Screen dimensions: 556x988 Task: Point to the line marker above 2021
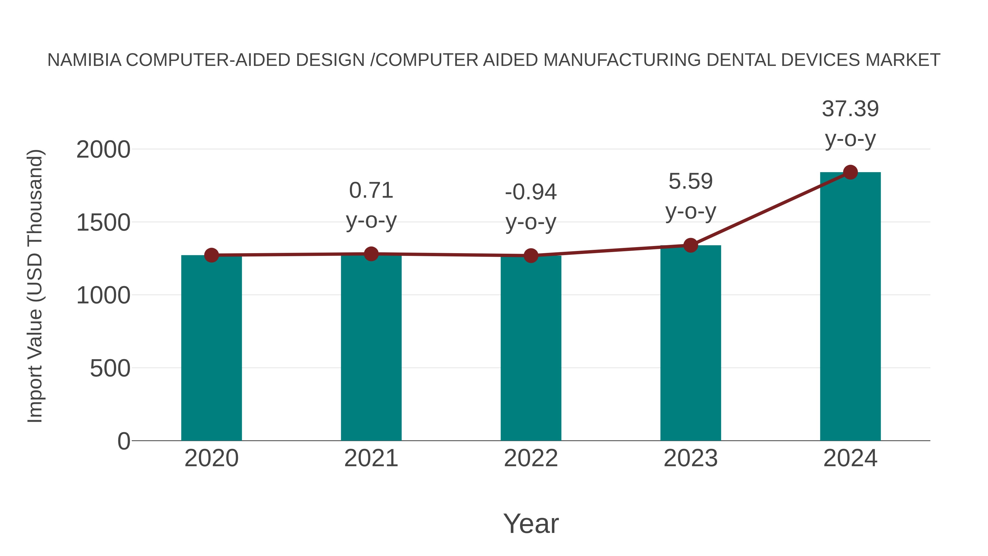pyautogui.click(x=371, y=254)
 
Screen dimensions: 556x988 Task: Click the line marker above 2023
pyautogui.click(x=691, y=245)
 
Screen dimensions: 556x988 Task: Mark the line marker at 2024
pyautogui.click(x=850, y=172)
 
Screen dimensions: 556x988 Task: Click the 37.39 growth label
pyautogui.click(x=850, y=109)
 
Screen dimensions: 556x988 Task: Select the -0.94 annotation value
pyautogui.click(x=531, y=192)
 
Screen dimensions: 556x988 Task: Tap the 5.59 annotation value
pyautogui.click(x=691, y=181)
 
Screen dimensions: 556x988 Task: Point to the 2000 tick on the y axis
pyautogui.click(x=103, y=150)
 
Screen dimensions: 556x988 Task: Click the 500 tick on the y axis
pyautogui.click(x=110, y=369)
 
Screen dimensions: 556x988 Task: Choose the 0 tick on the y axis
pyautogui.click(x=124, y=441)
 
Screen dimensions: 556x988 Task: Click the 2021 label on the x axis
pyautogui.click(x=371, y=458)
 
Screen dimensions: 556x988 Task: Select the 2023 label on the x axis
pyautogui.click(x=691, y=458)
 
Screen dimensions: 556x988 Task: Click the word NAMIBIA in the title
pyautogui.click(x=84, y=60)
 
